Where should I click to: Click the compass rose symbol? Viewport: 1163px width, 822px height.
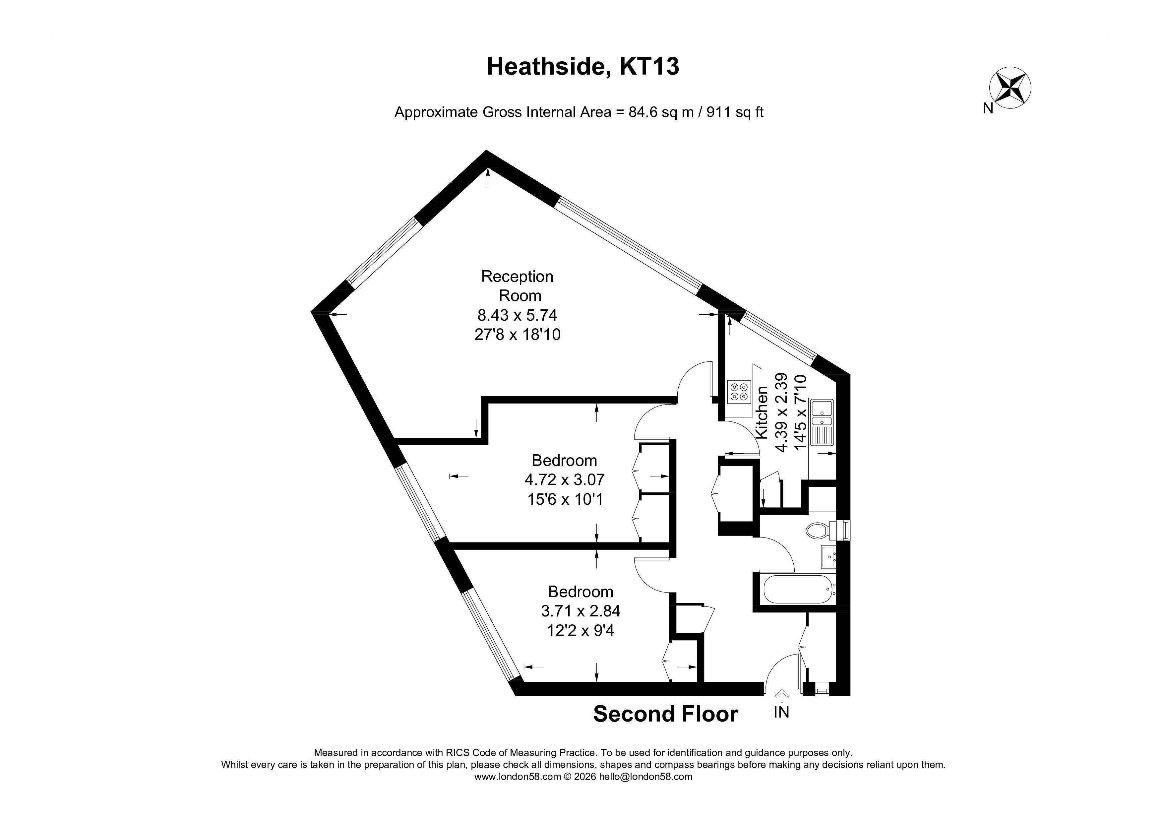[x=1010, y=87]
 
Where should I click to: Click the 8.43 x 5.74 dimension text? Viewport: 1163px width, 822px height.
[x=517, y=315]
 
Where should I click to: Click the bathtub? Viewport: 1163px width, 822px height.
[x=798, y=589]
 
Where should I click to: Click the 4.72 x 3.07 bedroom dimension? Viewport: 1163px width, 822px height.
[x=564, y=479]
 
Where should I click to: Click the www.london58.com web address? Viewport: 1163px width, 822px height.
[x=518, y=777]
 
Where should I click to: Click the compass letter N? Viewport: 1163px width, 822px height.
[x=988, y=108]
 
